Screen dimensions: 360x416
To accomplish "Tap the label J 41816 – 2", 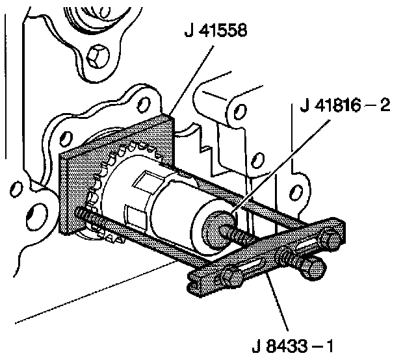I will pos(345,105).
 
